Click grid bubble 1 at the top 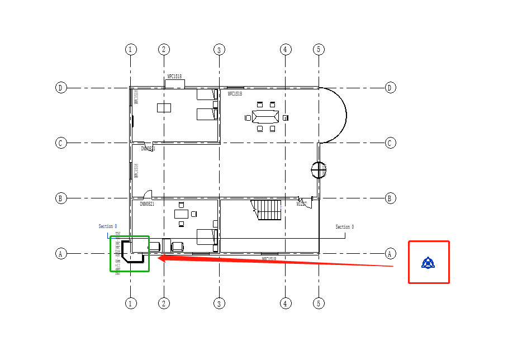point(131,49)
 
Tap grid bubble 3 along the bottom point(219,304)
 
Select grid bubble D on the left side point(61,88)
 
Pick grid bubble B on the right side point(391,198)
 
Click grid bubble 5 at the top point(319,49)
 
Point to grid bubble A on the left point(61,254)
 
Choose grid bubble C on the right point(391,143)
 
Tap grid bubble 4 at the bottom point(286,304)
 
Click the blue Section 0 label point(108,226)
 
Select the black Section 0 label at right point(344,227)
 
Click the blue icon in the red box point(429,262)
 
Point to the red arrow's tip point(160,257)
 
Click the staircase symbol point(268,210)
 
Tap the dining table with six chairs point(265,117)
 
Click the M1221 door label point(301,204)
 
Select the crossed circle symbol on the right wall point(319,169)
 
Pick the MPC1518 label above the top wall point(174,77)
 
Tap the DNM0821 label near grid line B point(147,204)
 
